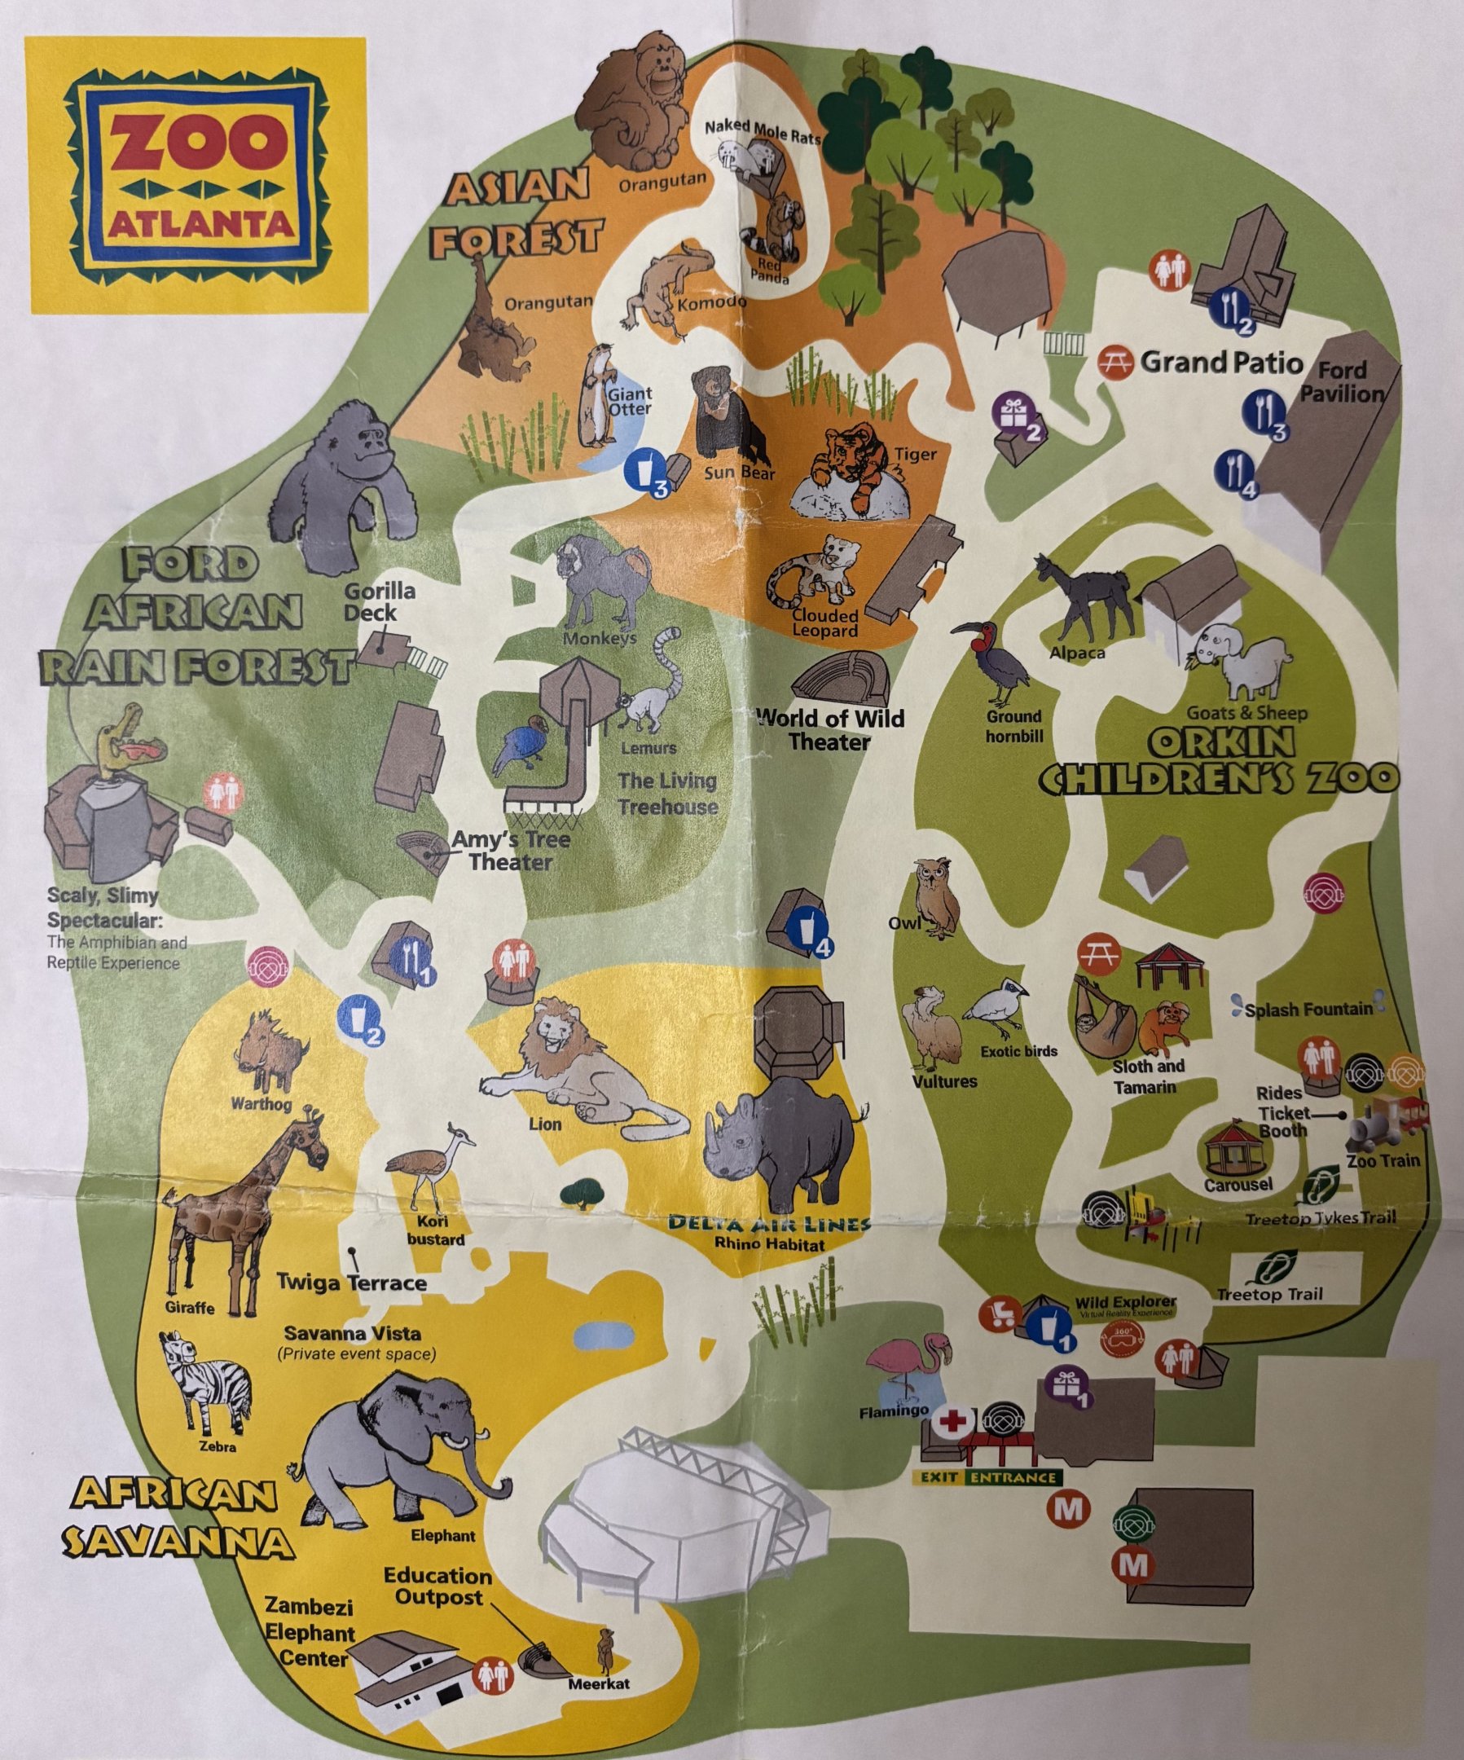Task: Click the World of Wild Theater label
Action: tap(829, 729)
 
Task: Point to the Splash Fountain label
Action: tap(1308, 1009)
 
